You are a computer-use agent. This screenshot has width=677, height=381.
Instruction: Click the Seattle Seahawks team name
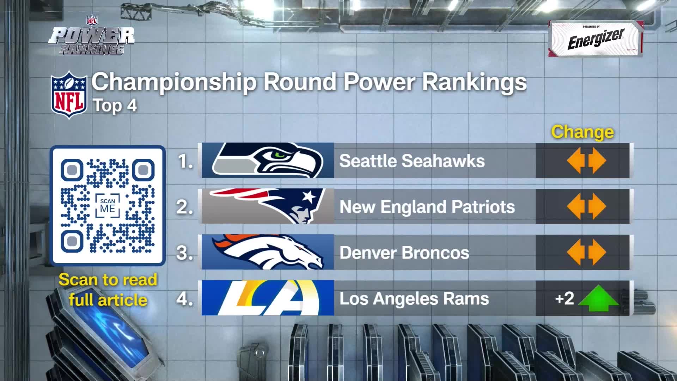click(x=412, y=161)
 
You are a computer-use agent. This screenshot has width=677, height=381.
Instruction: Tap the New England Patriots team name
click(x=427, y=207)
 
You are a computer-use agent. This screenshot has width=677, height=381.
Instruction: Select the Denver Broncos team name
click(x=404, y=253)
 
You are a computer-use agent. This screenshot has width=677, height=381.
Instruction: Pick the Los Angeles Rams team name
click(x=414, y=299)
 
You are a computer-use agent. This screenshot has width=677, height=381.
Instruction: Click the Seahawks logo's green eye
click(x=281, y=155)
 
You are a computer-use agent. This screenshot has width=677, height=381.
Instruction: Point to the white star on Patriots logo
click(x=309, y=196)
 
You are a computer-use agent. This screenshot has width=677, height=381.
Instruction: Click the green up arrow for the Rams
click(x=598, y=299)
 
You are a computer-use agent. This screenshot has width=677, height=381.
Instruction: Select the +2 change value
click(x=565, y=298)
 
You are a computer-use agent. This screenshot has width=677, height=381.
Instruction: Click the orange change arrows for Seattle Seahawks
click(x=586, y=161)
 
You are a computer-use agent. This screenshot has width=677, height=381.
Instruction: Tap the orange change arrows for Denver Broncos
click(x=586, y=252)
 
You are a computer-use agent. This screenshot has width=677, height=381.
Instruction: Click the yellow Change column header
click(x=583, y=132)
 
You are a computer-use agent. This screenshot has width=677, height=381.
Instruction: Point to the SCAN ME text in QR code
click(x=108, y=206)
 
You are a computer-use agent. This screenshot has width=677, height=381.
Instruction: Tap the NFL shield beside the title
click(x=69, y=94)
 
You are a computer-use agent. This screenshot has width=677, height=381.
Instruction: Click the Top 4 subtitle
click(x=115, y=105)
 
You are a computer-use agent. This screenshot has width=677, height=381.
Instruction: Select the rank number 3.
click(x=185, y=253)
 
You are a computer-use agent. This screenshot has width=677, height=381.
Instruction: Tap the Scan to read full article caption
click(x=108, y=290)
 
